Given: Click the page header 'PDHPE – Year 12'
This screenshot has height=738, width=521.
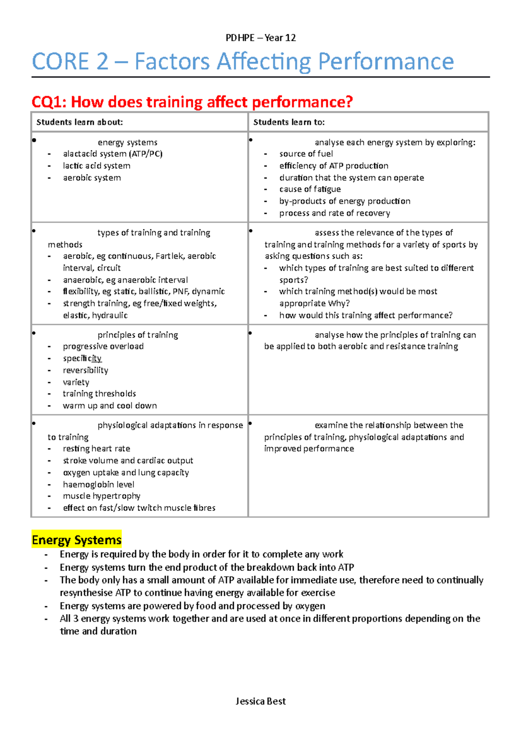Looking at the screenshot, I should [x=260, y=38].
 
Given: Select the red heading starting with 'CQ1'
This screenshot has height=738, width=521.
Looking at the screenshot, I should [x=192, y=102].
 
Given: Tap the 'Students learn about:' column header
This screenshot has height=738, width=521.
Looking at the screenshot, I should [x=79, y=122].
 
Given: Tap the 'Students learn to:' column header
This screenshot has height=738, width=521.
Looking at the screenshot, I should [x=289, y=122].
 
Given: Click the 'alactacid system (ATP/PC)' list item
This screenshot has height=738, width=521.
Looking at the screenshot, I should [x=112, y=154].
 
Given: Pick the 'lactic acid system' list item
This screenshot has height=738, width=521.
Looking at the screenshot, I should [x=96, y=166].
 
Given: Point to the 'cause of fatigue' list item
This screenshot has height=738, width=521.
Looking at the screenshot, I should [x=310, y=189].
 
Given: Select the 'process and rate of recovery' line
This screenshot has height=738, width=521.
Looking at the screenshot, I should [x=334, y=213].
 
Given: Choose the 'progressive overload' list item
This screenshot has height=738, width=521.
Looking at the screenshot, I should [x=103, y=346].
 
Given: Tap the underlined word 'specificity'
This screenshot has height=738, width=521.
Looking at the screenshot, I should [x=82, y=358].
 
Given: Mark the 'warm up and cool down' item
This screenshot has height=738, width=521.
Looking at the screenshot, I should [x=110, y=406].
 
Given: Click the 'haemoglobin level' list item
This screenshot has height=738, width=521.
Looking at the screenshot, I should [x=99, y=484].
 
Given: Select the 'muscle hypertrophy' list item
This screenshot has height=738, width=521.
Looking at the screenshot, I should [x=102, y=496].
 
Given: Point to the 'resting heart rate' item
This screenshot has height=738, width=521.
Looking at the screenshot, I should [x=96, y=449].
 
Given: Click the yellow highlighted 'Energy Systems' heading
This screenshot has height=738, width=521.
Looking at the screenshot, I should [x=76, y=540].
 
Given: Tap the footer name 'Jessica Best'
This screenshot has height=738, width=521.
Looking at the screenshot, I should [x=260, y=701].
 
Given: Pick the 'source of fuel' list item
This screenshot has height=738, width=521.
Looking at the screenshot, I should [x=306, y=154].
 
